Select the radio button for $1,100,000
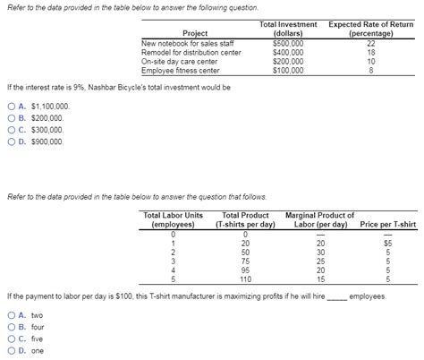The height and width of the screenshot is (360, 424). click(x=10, y=107)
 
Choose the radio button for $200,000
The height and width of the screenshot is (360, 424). click(x=10, y=118)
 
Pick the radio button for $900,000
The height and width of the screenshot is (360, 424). click(x=10, y=141)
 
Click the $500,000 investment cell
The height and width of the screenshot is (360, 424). click(x=287, y=42)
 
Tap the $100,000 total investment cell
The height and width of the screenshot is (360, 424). click(x=287, y=69)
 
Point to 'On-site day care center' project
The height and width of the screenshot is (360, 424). click(x=181, y=60)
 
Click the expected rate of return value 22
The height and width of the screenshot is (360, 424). click(x=370, y=42)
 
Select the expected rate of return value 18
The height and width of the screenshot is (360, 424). click(x=370, y=51)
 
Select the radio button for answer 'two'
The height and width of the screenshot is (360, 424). click(x=10, y=315)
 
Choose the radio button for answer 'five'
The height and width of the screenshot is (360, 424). click(x=10, y=339)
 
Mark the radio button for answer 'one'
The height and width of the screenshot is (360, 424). click(x=10, y=350)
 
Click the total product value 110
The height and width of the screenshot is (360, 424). click(x=245, y=279)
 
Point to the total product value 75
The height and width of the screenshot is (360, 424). click(x=245, y=261)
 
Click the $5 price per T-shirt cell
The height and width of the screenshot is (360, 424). click(x=387, y=243)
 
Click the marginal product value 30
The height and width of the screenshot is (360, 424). click(x=321, y=252)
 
